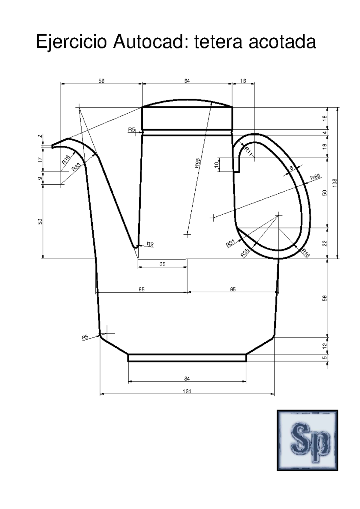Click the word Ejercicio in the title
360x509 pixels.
[71, 42]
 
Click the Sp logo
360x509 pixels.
[307, 440]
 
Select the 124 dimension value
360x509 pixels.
[187, 391]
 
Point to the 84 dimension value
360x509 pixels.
[187, 379]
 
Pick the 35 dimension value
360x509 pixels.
[162, 264]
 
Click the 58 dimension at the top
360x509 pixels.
[101, 81]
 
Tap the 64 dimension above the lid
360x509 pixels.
[187, 81]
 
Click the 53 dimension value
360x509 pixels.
[40, 221]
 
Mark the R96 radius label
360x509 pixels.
[197, 163]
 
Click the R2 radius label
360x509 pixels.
[150, 244]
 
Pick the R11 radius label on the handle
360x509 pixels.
[249, 152]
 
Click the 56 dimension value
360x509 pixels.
[324, 298]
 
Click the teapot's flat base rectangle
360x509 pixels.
[187, 358]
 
